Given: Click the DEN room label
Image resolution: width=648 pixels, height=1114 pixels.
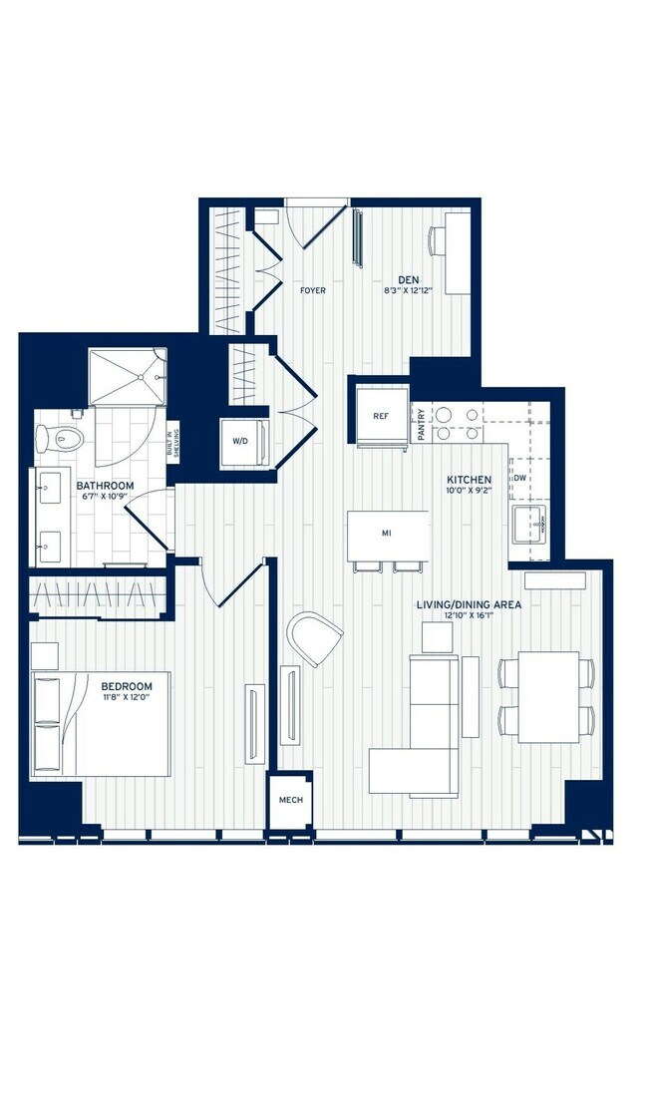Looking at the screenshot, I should click(x=408, y=279).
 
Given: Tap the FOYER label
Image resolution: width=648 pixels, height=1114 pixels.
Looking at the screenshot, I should click(x=313, y=291).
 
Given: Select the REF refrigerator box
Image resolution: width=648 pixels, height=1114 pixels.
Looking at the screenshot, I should click(x=381, y=416).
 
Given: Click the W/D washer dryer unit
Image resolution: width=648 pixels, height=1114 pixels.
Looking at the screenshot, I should click(x=240, y=440).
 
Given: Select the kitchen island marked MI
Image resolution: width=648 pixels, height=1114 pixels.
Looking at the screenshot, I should click(x=387, y=534).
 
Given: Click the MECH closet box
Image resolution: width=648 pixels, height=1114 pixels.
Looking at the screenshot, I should click(x=290, y=800).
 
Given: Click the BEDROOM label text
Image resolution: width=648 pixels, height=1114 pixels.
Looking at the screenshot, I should click(x=127, y=686).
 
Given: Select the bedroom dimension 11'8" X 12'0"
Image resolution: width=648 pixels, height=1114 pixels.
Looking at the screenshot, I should click(x=127, y=698).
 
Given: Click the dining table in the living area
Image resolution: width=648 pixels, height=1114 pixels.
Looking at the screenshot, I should click(x=547, y=696).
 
